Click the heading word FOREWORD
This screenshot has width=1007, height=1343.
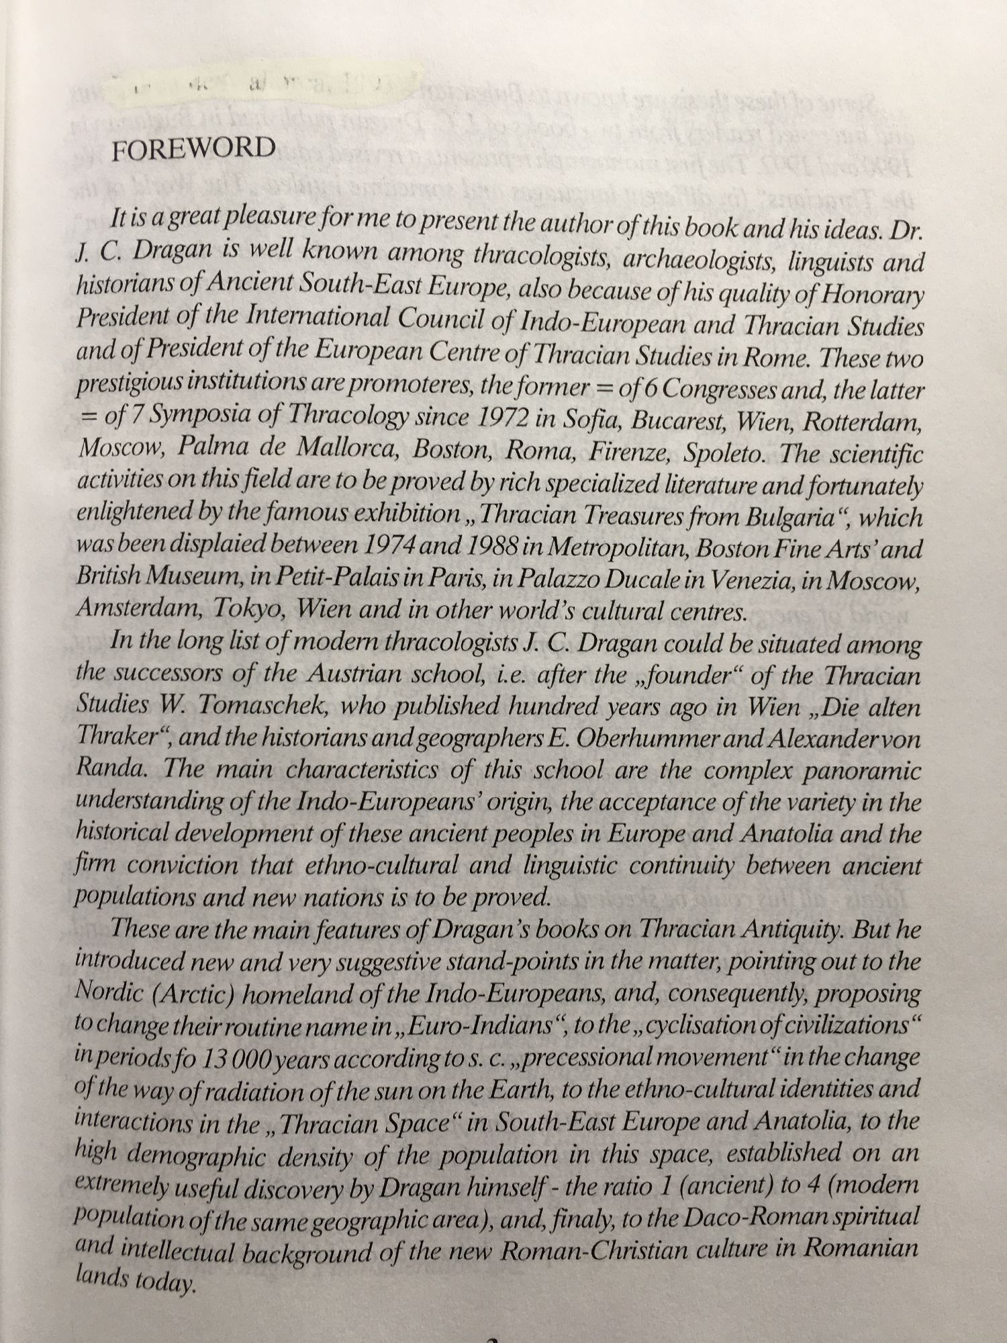[193, 148]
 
